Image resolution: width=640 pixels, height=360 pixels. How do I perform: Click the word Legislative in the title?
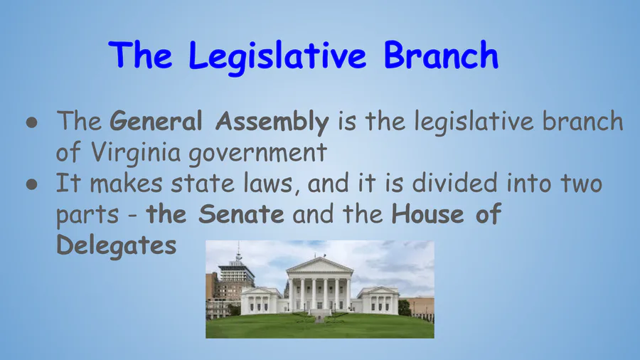click(277, 57)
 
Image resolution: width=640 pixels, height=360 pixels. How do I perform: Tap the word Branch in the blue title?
click(441, 54)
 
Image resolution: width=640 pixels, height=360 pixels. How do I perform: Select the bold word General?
click(156, 121)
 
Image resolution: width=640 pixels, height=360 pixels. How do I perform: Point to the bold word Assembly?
click(272, 123)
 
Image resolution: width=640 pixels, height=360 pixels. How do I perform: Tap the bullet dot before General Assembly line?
click(32, 122)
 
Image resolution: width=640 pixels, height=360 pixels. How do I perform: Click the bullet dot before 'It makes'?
click(32, 184)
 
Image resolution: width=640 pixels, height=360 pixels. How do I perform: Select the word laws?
click(268, 184)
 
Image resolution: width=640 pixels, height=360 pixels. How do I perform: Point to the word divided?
click(454, 183)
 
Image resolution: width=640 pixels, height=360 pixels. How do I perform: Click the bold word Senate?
click(241, 214)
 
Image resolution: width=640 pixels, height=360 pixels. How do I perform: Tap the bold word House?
click(428, 214)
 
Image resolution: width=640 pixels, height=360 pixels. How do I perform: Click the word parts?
click(87, 215)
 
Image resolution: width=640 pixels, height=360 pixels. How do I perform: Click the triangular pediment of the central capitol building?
click(319, 265)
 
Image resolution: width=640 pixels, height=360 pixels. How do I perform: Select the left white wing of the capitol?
click(261, 301)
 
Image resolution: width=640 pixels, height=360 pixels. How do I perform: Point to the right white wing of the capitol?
click(378, 300)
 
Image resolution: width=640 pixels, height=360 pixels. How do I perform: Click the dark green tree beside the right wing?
click(405, 307)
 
